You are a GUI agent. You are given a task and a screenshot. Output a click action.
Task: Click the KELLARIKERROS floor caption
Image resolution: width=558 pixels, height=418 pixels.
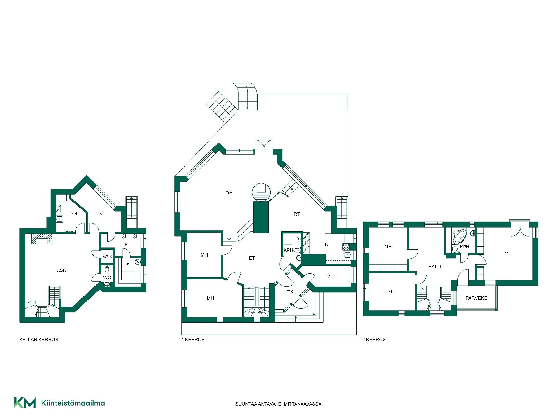pos(39,340)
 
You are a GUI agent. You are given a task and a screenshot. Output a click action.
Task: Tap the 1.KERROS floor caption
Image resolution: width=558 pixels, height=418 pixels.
pos(193,340)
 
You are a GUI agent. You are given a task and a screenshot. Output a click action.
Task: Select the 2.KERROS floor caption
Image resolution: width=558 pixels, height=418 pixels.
pos(374,340)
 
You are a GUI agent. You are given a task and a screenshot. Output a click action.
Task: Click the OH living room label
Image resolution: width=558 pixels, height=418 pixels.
pos(229,193)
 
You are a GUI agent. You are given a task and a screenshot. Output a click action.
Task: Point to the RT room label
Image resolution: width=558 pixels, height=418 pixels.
pos(296,214)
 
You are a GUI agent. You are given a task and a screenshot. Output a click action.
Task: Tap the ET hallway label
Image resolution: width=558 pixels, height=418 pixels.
pos(252,258)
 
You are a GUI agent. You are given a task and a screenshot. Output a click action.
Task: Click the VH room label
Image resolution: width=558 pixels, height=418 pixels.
pos(330,276)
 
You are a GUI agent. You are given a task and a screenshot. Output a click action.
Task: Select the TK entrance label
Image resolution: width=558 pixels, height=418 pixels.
pos(290,292)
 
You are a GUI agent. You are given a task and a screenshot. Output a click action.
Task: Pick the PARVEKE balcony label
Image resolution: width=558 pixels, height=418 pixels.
pos(476,298)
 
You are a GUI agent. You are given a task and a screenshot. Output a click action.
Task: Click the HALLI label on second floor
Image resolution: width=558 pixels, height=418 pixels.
pos(434,266)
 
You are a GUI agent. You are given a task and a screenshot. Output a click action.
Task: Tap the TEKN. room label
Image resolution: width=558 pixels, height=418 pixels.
pos(71,213)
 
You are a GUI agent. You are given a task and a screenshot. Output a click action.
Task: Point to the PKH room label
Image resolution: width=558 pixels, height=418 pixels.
pos(101,213)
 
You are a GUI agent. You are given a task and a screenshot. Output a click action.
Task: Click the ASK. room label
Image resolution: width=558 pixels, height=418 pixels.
pos(62,270)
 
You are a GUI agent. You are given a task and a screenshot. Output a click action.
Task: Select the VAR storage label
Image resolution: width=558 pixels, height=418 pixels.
pos(107,256)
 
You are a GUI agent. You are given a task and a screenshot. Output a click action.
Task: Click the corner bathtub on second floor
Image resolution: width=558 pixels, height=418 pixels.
pos(459,237)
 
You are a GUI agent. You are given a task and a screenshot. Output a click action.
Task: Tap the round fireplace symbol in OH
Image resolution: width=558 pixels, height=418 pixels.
pos(261,192)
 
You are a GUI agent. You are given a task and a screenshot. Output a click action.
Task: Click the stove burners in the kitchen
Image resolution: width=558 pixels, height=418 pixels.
pos(346,247)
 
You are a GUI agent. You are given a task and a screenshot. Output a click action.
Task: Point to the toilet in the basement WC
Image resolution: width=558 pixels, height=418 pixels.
pos(107,267)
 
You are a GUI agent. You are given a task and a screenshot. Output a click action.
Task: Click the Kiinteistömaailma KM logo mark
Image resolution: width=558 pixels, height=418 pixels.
pos(25,402)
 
